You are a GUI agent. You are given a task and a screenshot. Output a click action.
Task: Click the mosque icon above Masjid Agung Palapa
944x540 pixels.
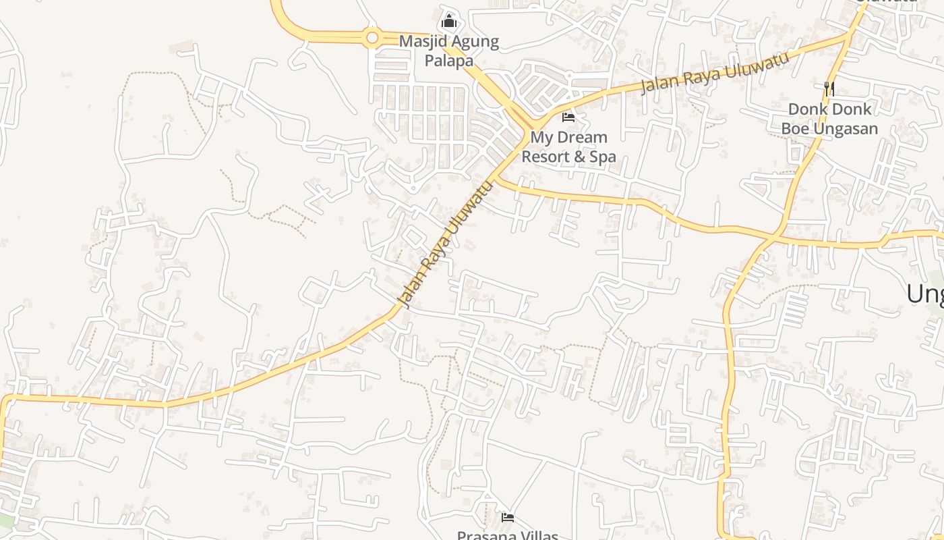point(449,21)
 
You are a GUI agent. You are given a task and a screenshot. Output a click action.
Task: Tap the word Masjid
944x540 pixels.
point(422,41)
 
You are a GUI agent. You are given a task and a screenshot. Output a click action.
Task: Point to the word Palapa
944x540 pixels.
point(448,61)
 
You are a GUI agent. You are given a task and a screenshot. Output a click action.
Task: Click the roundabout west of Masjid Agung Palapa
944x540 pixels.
point(372,38)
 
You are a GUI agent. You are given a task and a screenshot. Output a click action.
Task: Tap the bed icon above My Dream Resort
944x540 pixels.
point(568,117)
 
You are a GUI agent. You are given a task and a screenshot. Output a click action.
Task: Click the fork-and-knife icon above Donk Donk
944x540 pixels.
point(829,88)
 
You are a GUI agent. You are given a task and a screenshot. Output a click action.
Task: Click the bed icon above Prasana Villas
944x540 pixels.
point(508,518)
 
